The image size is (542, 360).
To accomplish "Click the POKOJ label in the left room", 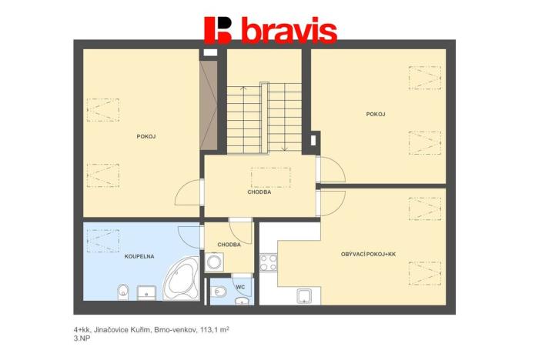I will [146, 136].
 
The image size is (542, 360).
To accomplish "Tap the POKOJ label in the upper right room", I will [376, 115].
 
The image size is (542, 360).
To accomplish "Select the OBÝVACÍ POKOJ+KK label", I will [367, 254].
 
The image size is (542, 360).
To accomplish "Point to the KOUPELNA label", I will [138, 255].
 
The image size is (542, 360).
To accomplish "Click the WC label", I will [239, 287].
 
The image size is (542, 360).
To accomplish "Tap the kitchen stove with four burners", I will [268, 262].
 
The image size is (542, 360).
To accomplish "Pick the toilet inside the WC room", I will [220, 291].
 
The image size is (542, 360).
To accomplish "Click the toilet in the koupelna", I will [122, 292].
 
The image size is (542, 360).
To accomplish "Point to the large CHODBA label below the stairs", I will [259, 192].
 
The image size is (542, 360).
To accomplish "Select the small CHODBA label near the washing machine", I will [229, 245].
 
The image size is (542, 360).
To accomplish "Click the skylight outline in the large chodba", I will [270, 178].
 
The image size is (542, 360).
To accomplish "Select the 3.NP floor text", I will [81, 338].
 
